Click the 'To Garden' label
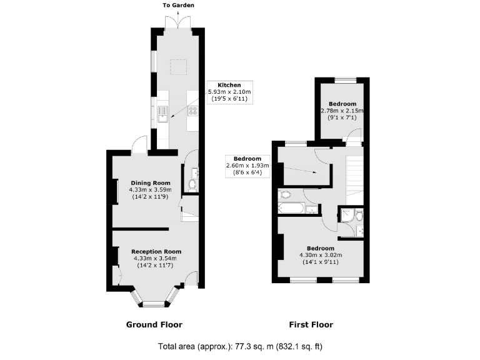pos(179,5)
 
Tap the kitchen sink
pos(163,113)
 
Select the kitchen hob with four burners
pos(194,113)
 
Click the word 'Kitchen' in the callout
pos(229,85)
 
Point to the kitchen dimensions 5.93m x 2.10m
pos(229,92)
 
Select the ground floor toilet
pos(192,185)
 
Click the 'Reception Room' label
pos(155,251)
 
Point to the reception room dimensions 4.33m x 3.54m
pos(155,258)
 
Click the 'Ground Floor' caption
pos(154,324)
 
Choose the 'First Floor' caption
pos(311,324)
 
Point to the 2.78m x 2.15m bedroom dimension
pos(342,111)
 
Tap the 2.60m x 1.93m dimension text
pos(247,166)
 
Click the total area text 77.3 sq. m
pos(241,346)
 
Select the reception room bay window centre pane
pos(150,304)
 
